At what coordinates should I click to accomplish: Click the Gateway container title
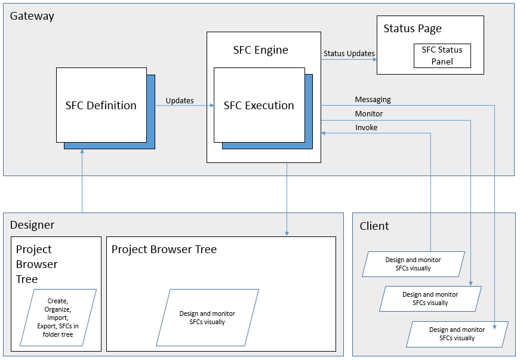tap(32, 16)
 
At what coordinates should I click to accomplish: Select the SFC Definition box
tap(101, 105)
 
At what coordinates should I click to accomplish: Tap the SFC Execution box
tap(259, 105)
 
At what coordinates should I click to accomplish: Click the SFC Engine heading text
tap(260, 50)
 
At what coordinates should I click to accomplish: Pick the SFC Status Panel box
tap(442, 56)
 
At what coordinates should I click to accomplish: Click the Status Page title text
tap(413, 29)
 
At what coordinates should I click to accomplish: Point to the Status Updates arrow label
tap(349, 53)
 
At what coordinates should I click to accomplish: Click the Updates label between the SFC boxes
tap(179, 100)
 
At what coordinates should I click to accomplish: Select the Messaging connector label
tap(373, 100)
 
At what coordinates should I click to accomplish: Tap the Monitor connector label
tap(368, 113)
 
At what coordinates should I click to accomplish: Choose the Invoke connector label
tap(366, 127)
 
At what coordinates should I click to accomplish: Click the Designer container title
tap(32, 225)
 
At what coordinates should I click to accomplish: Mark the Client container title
tap(374, 226)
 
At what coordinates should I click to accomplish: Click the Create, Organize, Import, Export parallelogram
tap(58, 318)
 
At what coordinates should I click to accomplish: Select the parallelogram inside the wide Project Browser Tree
tap(207, 318)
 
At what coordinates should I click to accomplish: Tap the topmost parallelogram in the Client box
tap(413, 264)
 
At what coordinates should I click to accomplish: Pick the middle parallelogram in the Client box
tap(430, 299)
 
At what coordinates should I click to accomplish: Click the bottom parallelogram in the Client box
tap(457, 334)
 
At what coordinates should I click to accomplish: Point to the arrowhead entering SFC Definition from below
tap(82, 152)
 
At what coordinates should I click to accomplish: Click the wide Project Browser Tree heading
tap(164, 250)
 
